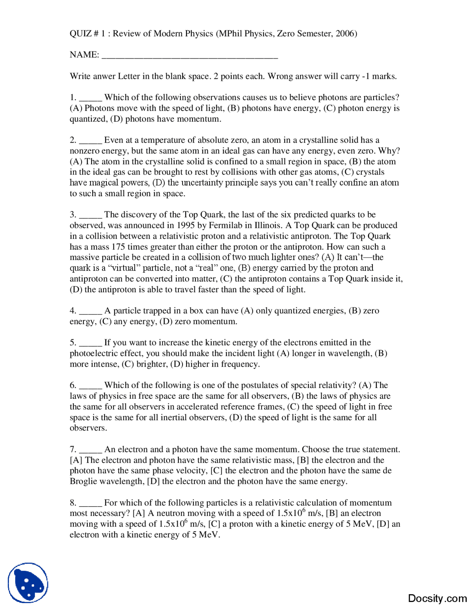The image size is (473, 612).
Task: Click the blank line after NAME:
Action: click(189, 56)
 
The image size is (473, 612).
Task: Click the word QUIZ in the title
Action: click(81, 34)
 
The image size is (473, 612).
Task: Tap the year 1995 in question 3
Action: click(186, 225)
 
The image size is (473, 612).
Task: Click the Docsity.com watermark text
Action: click(437, 598)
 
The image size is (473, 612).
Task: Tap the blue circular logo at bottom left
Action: click(28, 582)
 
